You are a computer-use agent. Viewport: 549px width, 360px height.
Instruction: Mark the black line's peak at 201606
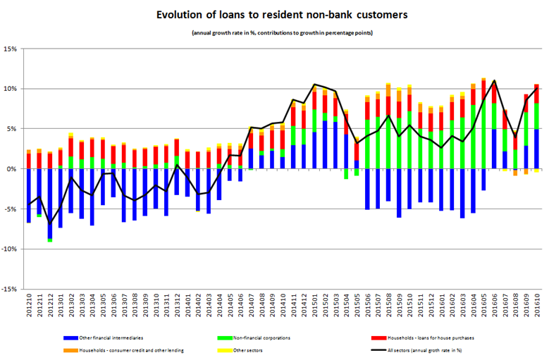pos(494,81)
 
